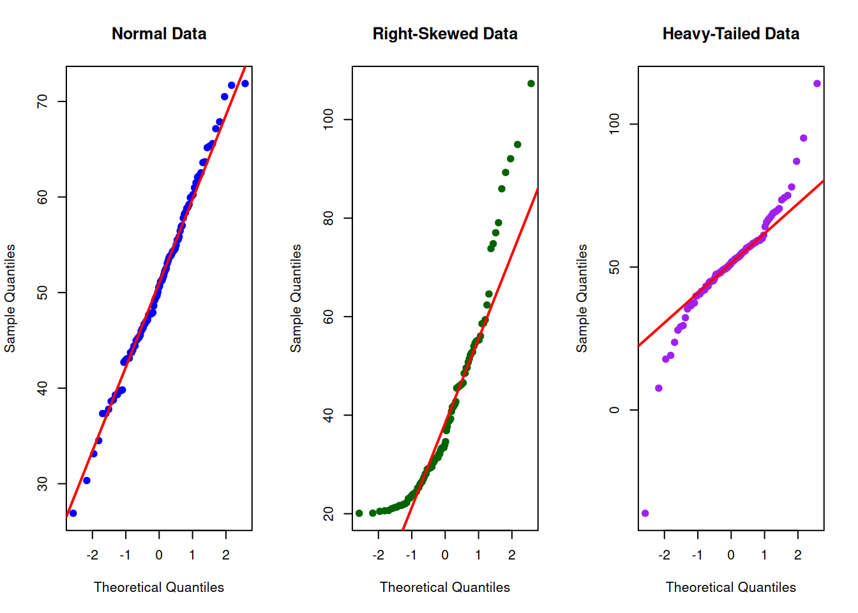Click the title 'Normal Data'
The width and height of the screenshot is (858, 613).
pos(159,34)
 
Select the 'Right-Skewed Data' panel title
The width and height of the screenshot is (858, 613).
pos(445,34)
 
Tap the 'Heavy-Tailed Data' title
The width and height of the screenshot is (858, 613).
pos(730,34)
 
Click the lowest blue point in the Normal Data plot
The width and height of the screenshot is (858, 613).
pos(73,513)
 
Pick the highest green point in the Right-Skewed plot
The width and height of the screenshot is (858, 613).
pos(531,84)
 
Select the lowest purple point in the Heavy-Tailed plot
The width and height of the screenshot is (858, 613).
pos(645,513)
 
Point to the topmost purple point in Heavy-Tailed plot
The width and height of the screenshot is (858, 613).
pos(817,84)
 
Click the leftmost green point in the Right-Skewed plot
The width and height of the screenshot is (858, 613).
pos(359,513)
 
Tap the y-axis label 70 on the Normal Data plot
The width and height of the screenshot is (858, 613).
pos(43,101)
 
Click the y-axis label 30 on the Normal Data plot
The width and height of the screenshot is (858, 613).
pos(43,483)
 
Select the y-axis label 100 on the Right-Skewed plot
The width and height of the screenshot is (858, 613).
pos(329,119)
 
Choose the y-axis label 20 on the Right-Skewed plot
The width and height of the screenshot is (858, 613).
pos(329,513)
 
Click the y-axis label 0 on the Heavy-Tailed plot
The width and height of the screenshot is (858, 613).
pos(615,410)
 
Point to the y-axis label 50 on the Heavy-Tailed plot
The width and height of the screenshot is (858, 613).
pos(615,267)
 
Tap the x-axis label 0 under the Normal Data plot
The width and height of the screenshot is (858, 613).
pos(159,555)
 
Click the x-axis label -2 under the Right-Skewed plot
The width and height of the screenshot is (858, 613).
pos(378,555)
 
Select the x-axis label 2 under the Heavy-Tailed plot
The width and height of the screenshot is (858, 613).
pos(798,555)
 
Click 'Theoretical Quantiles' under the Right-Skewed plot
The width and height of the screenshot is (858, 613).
pos(445,587)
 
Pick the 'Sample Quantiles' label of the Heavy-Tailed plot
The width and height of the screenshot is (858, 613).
pos(582,298)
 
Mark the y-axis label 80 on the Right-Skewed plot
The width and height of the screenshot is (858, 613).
pos(329,218)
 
